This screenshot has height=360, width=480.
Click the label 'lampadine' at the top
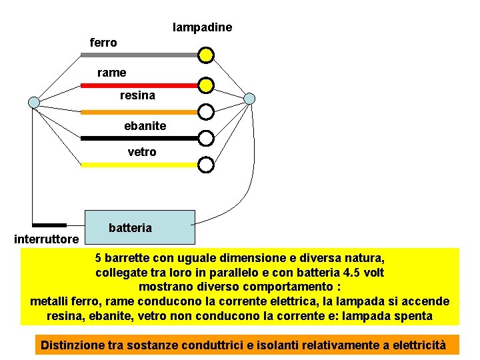202,27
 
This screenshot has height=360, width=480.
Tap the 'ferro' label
103,43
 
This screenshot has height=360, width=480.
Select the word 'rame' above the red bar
111,72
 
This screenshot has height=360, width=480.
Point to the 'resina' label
137,95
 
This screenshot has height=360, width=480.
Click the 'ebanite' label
145,125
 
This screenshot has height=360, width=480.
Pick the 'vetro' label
141,152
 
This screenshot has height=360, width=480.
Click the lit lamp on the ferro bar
207,54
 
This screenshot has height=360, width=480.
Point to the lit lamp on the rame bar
207,85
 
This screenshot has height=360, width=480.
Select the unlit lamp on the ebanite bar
207,138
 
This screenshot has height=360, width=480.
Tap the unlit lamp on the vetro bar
207,164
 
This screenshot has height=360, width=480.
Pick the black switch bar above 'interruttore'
49,225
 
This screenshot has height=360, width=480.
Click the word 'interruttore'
47,239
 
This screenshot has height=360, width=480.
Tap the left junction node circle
34,102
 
